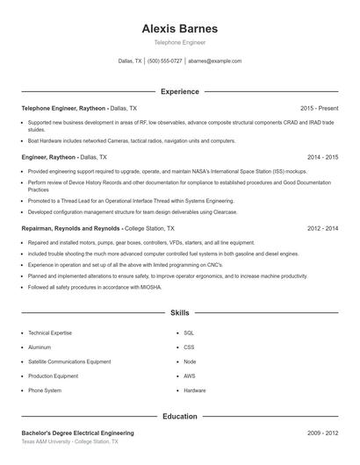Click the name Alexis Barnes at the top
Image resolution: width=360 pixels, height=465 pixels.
tap(179, 28)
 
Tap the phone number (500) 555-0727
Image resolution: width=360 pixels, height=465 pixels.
tap(165, 61)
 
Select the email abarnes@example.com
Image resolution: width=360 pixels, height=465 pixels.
tap(215, 61)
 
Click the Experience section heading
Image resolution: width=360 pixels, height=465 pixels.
tap(179, 91)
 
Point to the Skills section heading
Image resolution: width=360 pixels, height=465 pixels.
tap(179, 312)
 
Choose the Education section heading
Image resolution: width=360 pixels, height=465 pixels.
tap(179, 417)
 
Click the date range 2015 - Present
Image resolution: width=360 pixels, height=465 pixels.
tap(319, 108)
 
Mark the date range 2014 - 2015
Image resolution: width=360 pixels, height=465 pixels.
tap(322, 157)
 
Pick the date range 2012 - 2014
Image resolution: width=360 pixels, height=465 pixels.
tap(322, 228)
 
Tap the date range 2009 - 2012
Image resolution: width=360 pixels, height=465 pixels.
tap(322, 433)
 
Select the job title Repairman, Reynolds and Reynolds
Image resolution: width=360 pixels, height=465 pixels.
tap(71, 228)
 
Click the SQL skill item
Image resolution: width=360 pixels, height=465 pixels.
tap(189, 333)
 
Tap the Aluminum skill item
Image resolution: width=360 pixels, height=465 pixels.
tap(40, 347)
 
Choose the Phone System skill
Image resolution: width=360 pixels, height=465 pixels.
tap(45, 390)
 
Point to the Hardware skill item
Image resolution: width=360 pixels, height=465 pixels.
tap(195, 390)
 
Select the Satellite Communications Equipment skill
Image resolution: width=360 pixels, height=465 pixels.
tap(69, 361)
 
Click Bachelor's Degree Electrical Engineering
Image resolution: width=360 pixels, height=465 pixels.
tap(78, 433)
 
